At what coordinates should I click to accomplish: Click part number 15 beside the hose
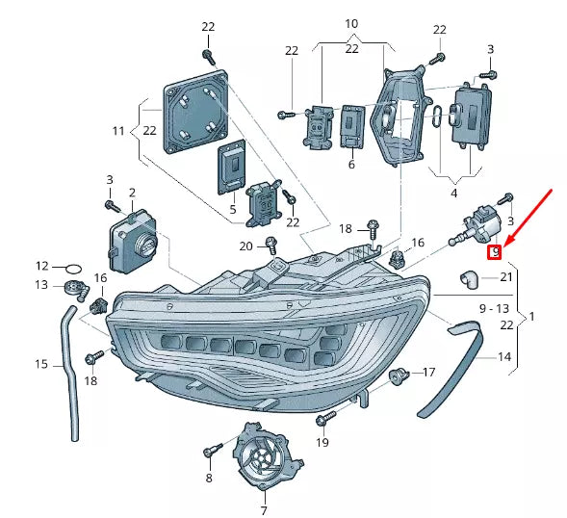[x=41, y=365]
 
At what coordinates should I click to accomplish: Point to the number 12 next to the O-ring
[x=41, y=265]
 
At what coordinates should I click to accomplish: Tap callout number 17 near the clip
[x=428, y=371]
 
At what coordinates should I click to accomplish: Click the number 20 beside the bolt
[x=245, y=246]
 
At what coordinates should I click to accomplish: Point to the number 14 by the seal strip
[x=504, y=357]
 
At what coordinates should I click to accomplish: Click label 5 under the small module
[x=233, y=208]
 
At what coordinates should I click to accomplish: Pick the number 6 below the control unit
[x=351, y=165]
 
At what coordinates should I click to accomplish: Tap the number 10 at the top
[x=350, y=22]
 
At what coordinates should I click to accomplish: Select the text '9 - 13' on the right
[x=494, y=308]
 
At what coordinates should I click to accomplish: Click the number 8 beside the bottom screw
[x=208, y=477]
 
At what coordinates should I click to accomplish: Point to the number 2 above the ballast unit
[x=132, y=194]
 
